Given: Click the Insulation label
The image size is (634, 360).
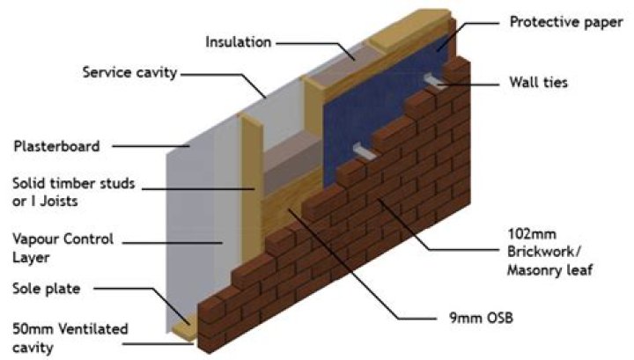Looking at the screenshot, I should click(239, 41).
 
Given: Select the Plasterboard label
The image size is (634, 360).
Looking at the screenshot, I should click(56, 146).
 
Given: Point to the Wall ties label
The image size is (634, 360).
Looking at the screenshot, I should click(539, 84).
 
